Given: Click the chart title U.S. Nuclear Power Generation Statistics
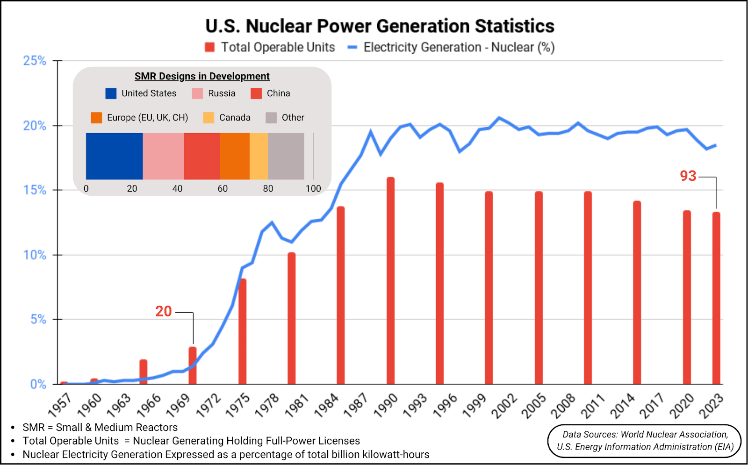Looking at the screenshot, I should (380, 26).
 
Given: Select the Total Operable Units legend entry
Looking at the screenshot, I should (270, 47).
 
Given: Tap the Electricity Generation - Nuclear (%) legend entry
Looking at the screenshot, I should (451, 47).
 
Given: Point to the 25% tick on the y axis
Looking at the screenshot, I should (35, 61).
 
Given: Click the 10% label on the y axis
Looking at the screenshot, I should (35, 255).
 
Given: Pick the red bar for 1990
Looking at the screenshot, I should (390, 280).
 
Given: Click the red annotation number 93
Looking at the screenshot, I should (688, 176).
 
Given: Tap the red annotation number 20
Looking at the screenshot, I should (164, 311).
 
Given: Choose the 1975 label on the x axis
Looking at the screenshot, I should (238, 405).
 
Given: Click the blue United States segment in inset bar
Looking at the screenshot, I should (115, 156).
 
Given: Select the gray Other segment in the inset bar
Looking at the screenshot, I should (286, 156).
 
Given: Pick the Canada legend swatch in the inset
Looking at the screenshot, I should (209, 118).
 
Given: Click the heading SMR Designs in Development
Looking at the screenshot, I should (202, 76).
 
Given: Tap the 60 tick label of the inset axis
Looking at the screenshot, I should (223, 189).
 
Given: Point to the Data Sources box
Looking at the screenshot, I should (644, 441).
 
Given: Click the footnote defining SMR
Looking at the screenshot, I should (100, 427).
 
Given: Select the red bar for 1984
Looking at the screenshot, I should (340, 295).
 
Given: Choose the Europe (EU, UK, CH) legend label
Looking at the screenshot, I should (147, 118).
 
